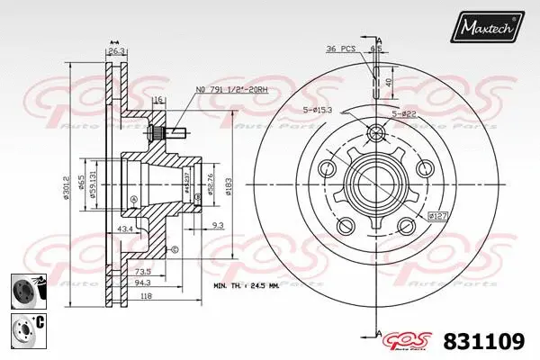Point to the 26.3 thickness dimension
[116, 51]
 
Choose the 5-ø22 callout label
[403, 112]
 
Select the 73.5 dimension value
[143, 269]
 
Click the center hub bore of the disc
[371, 182]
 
